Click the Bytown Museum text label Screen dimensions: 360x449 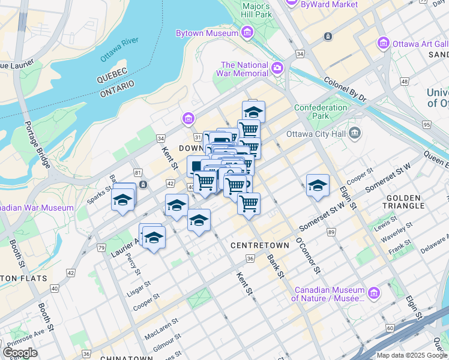click(x=206, y=34)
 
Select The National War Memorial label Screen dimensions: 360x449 click(x=244, y=69)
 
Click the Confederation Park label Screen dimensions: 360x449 click(x=321, y=112)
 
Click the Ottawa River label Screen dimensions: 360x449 click(x=119, y=50)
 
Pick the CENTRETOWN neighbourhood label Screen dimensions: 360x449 click(x=256, y=246)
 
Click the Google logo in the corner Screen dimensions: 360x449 click(x=20, y=353)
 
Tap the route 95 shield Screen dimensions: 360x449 click(x=427, y=125)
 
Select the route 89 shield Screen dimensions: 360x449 click(x=331, y=231)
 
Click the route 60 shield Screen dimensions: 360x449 click(x=390, y=328)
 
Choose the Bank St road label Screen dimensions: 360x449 click(x=276, y=266)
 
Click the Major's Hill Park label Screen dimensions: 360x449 click(x=257, y=10)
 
